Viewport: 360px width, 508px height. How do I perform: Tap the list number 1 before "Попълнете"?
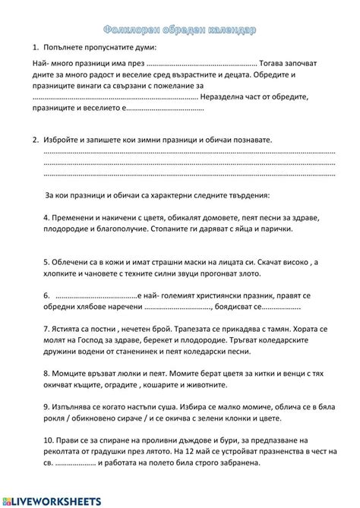pos(35,47)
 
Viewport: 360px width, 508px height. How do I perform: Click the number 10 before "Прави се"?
pos(48,440)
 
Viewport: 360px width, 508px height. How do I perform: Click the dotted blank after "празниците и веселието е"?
pos(164,109)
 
